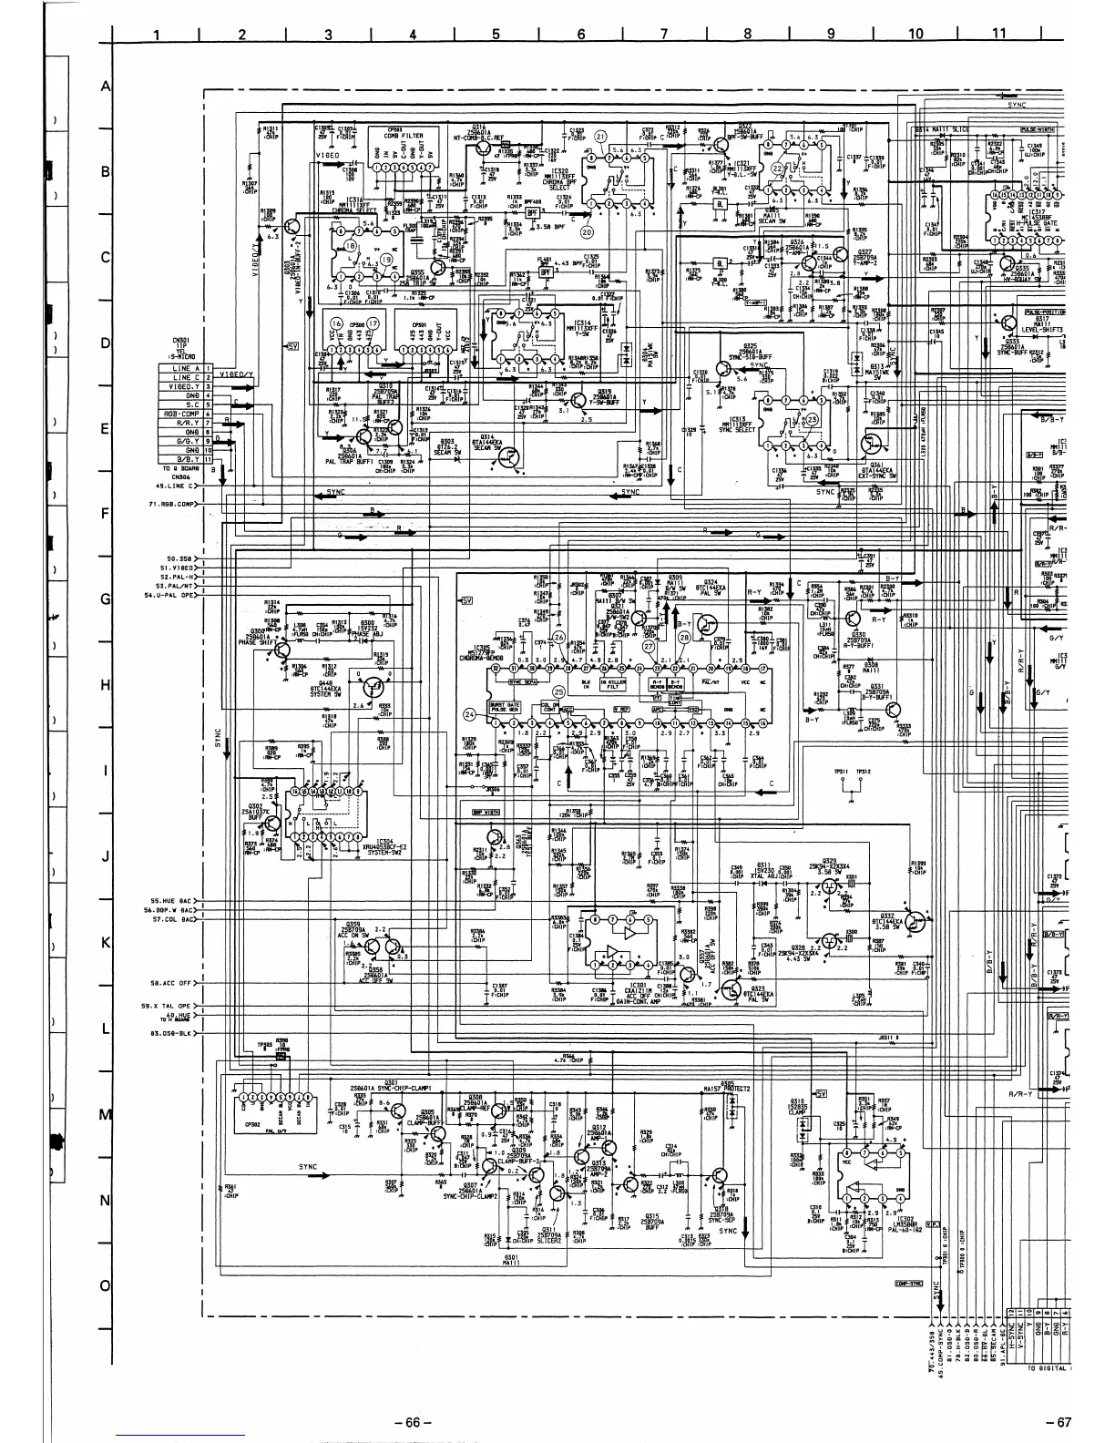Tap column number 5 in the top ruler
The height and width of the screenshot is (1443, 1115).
496,35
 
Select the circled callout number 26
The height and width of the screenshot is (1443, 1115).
559,637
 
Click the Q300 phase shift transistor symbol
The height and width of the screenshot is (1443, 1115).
283,650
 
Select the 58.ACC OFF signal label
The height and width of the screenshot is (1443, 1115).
173,983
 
